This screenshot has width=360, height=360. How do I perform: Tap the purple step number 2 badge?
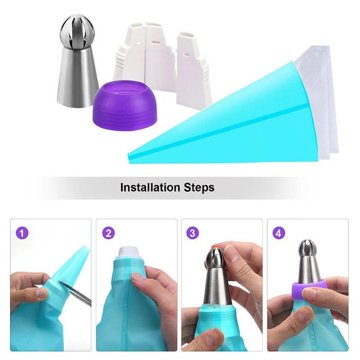[x=108, y=233]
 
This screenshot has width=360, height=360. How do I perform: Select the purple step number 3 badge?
[x=193, y=233]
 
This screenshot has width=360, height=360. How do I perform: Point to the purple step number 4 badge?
[x=279, y=233]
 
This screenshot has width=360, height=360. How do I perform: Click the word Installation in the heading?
[x=149, y=187]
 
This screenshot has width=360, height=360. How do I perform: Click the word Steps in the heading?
[x=199, y=187]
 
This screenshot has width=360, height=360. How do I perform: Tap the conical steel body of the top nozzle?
[x=76, y=76]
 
